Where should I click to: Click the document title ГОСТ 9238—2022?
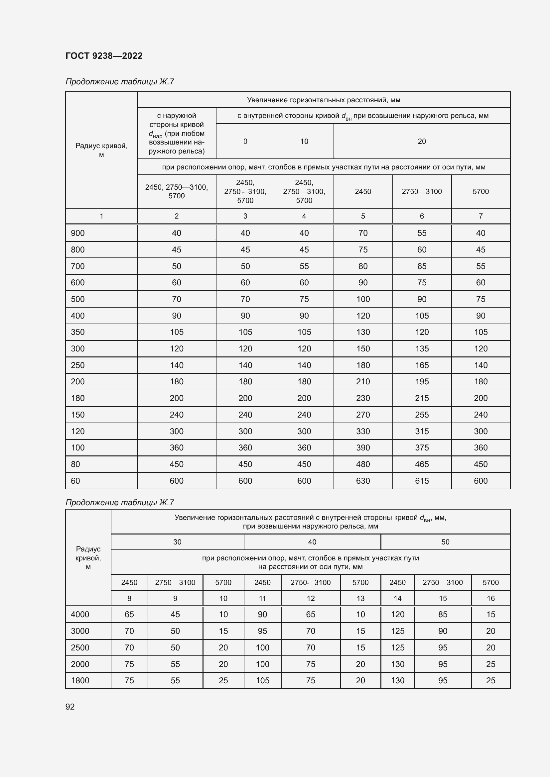tap(104, 56)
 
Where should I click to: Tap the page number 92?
tap(70, 707)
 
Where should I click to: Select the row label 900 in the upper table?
tap(78, 233)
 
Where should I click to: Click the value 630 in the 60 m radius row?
tap(363, 481)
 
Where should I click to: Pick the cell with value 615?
tap(422, 481)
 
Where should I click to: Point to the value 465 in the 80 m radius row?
tap(422, 464)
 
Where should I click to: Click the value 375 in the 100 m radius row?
tap(422, 448)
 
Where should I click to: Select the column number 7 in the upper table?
tap(481, 216)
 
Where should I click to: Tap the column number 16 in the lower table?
tap(490, 598)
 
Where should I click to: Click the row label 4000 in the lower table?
tap(80, 614)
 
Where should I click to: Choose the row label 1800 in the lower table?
tap(80, 680)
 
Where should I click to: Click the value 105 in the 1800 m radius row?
tap(262, 680)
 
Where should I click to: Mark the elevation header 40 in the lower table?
tap(312, 542)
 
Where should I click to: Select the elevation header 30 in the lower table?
tap(177, 542)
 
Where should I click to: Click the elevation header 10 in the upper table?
tap(304, 141)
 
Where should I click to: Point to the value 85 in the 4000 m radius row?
tap(443, 614)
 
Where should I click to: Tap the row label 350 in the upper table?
tap(78, 332)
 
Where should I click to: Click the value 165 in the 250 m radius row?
tap(422, 365)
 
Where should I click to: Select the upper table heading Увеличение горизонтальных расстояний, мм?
tap(324, 100)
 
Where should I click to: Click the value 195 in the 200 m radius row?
tap(422, 382)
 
